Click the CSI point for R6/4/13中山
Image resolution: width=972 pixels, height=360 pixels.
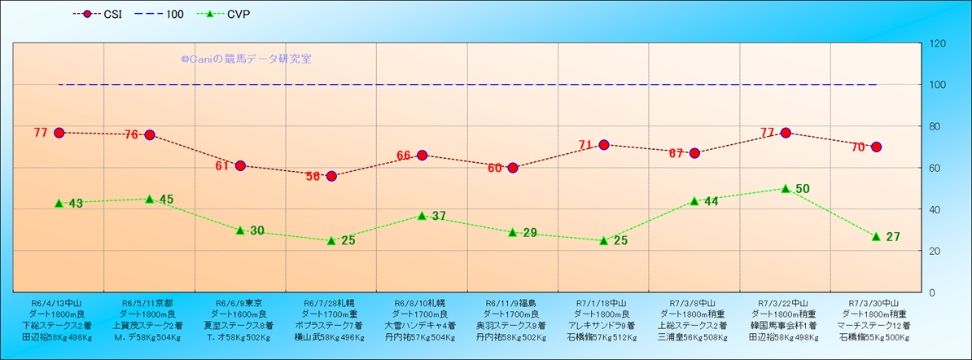[59, 133]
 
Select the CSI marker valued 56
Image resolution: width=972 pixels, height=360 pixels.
[331, 176]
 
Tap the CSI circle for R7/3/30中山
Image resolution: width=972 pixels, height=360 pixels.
[876, 147]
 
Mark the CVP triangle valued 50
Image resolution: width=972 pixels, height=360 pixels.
[786, 188]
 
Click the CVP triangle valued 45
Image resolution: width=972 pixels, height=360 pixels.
[150, 199]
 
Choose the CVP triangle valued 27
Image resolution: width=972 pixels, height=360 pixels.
[876, 236]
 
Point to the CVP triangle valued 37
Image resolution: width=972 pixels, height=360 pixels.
[422, 215]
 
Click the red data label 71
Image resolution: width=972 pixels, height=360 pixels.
[585, 146]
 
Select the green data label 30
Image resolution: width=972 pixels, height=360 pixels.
[257, 230]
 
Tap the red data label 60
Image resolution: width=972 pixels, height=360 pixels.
[495, 169]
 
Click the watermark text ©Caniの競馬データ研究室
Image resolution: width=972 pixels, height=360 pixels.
[246, 59]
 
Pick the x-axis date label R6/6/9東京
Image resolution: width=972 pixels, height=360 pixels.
[240, 302]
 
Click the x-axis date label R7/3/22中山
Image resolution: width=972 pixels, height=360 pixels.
[786, 302]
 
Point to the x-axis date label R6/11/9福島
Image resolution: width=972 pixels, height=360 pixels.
[513, 302]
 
